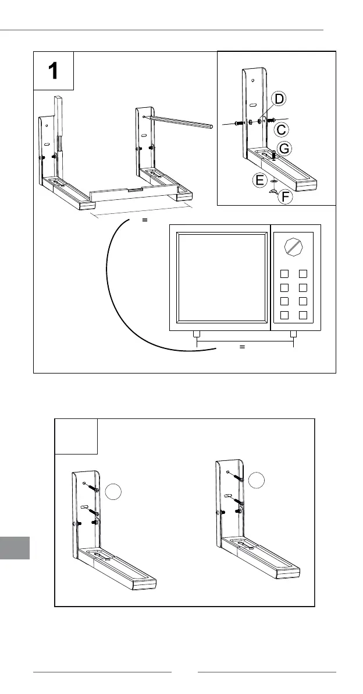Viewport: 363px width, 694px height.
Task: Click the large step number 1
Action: tap(53, 71)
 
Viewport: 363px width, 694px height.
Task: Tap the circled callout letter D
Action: tap(279, 100)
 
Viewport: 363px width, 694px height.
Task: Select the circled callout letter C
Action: tap(282, 129)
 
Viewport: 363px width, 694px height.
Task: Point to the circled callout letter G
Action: tap(283, 149)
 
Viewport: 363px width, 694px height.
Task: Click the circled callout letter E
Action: tap(261, 181)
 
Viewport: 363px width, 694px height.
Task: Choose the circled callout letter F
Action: tap(285, 197)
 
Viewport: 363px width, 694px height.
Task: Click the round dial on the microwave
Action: tap(294, 245)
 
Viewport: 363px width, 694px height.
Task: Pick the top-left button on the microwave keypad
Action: tap(284, 273)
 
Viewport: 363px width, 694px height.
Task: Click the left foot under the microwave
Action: tap(197, 335)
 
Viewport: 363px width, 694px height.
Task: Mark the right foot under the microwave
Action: tap(294, 335)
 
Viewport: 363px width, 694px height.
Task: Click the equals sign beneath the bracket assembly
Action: tap(145, 221)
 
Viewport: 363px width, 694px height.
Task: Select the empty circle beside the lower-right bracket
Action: tap(256, 481)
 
